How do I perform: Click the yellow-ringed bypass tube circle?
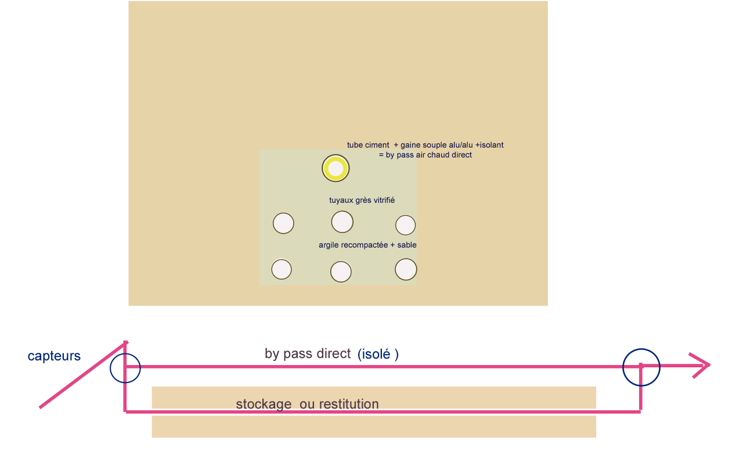336,169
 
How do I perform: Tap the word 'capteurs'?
54,356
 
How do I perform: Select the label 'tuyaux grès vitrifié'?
362,200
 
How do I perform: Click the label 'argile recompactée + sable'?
367,245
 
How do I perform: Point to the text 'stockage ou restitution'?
307,404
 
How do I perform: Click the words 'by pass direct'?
308,353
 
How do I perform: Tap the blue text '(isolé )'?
378,354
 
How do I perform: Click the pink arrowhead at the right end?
703,366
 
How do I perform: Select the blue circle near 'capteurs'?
125,368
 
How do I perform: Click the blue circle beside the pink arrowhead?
641,367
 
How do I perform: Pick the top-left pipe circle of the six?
283,223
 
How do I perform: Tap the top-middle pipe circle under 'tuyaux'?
342,221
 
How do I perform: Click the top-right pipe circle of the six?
405,225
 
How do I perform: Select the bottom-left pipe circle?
282,269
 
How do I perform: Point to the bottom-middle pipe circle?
341,271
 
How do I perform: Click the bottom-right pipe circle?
406,269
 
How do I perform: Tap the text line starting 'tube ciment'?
425,145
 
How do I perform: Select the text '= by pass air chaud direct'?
425,155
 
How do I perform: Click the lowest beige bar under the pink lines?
374,426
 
